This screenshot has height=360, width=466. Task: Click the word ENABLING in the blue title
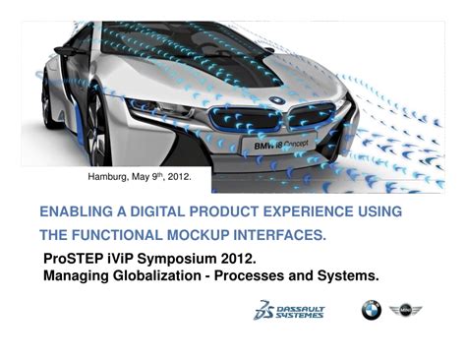click(75, 212)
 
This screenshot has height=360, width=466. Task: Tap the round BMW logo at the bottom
click(371, 311)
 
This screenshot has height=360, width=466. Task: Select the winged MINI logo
click(405, 311)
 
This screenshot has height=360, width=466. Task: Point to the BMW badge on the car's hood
click(278, 99)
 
